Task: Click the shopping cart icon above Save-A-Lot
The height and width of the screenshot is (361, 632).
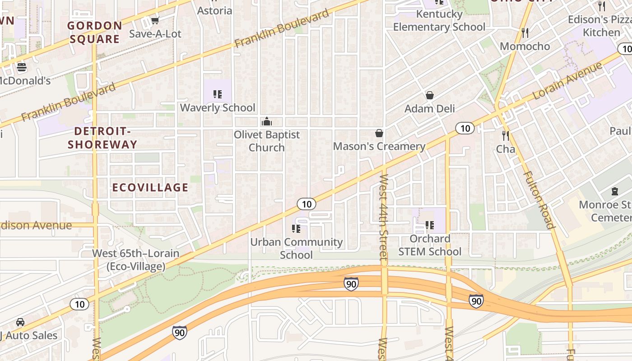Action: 155,21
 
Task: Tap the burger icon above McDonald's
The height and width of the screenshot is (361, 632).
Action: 21,68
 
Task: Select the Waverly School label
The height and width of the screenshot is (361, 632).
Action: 218,108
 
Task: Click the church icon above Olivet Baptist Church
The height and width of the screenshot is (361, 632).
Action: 267,121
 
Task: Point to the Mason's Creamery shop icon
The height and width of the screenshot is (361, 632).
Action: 379,133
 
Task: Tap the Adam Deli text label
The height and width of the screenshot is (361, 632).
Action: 429,109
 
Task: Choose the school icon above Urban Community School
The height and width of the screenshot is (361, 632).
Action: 296,229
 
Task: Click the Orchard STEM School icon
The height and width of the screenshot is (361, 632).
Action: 430,225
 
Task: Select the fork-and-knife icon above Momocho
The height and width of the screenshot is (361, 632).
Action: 525,33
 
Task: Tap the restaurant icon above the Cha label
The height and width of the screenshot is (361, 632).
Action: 506,135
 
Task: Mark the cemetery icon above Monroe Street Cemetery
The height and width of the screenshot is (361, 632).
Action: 614,191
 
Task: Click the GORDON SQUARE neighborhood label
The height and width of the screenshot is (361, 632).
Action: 95,32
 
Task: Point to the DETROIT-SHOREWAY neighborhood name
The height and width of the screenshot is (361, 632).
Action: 102,138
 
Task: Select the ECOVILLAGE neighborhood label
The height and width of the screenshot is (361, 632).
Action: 150,188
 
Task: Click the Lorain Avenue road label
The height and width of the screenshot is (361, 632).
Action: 567,81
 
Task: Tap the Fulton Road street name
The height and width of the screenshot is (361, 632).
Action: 539,200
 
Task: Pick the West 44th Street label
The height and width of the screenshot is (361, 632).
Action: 383,218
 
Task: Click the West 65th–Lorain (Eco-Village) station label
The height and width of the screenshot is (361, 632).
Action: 135,260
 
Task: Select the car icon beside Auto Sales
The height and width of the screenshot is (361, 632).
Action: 20,322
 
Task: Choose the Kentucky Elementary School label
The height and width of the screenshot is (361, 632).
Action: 439,21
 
